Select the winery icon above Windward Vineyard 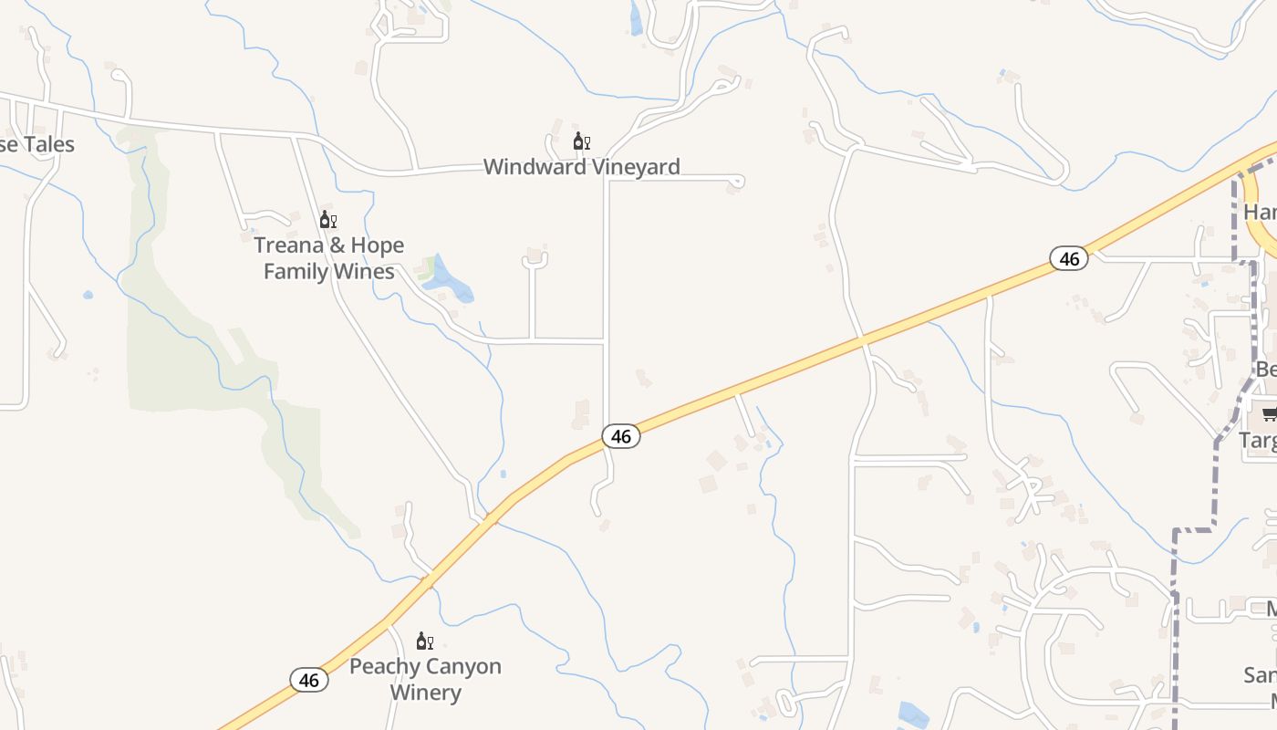(x=581, y=141)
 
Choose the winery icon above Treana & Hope (x=328, y=220)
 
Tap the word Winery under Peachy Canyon (x=425, y=693)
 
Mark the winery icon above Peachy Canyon (x=425, y=641)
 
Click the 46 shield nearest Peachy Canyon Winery (x=309, y=680)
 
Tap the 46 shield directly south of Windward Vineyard (x=621, y=437)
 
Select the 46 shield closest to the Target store (x=1069, y=259)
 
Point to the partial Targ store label (x=1258, y=440)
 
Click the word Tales (x=48, y=144)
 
